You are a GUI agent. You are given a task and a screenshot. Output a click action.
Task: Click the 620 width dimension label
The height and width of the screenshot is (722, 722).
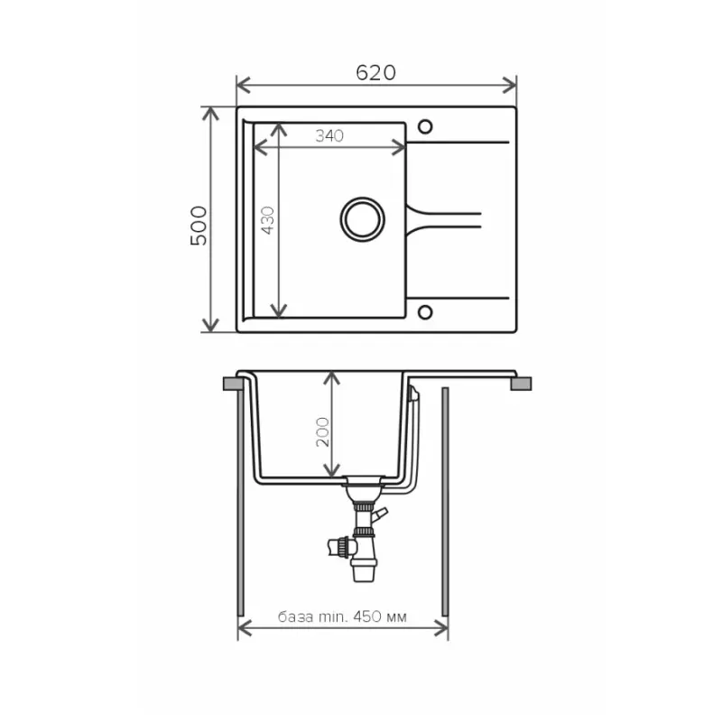coord(375,73)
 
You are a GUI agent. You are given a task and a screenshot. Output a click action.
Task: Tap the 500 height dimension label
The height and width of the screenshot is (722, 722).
coord(199,226)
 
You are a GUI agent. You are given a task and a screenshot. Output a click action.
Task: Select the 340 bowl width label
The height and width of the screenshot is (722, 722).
coord(329,136)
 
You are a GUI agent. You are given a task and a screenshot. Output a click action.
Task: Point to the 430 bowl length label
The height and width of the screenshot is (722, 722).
coord(267,220)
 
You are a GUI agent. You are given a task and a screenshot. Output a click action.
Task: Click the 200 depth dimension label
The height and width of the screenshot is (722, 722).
coord(322,432)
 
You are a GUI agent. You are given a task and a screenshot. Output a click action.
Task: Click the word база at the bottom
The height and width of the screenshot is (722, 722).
coord(296,616)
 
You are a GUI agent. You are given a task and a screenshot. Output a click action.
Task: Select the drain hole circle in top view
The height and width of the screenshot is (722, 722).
coord(363,219)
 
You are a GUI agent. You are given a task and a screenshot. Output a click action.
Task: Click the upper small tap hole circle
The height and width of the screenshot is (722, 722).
coord(425,126)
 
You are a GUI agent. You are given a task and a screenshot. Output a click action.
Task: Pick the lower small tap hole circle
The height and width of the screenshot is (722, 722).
coord(425,312)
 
